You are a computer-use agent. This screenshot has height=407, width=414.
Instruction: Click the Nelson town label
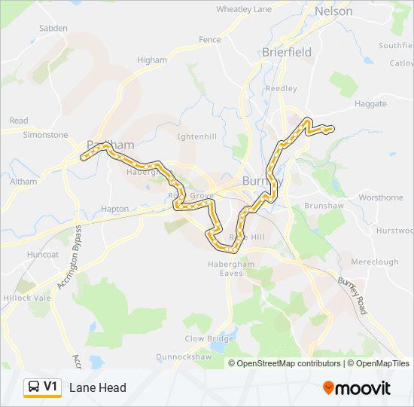[333, 11]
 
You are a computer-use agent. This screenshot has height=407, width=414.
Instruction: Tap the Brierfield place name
[286, 52]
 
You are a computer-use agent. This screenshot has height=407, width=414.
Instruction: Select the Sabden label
[53, 29]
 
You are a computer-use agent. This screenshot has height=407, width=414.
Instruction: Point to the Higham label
[152, 60]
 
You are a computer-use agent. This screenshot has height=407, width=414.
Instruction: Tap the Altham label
[23, 182]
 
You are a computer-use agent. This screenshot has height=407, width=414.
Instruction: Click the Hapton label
[114, 209]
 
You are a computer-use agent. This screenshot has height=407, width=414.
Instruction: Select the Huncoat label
[42, 255]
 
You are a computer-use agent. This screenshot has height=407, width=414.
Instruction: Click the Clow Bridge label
[209, 339]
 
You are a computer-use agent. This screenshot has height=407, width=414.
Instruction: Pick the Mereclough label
[374, 262]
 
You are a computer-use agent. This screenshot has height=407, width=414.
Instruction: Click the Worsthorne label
[381, 197]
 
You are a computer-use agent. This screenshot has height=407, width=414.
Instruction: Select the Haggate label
[370, 104]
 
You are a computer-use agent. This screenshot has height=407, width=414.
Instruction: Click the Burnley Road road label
[351, 295]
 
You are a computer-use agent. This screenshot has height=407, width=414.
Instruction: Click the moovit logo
[357, 388]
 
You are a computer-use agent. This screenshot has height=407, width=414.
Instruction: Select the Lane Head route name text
[98, 388]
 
